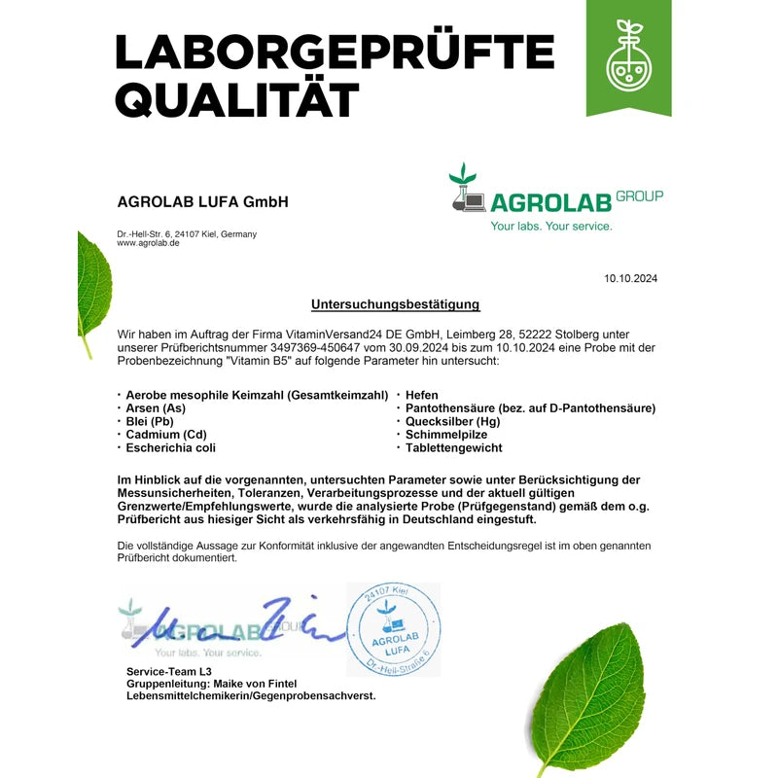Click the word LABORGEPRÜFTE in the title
[334, 51]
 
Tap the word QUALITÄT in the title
[237, 98]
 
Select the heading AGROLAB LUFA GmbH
[202, 202]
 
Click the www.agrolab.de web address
[148, 243]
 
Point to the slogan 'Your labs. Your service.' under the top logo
[551, 226]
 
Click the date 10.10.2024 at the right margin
[631, 279]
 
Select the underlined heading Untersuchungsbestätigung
[395, 304]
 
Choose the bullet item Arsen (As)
[156, 408]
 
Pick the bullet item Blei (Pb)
[151, 421]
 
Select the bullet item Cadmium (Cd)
[166, 435]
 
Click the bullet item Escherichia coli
[171, 448]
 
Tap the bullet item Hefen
[422, 395]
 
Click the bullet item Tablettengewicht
[454, 448]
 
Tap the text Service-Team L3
[169, 671]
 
